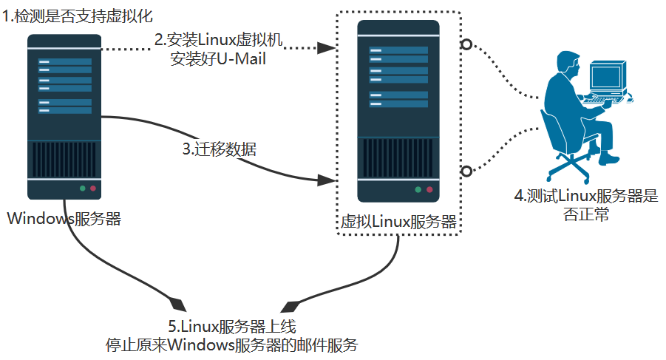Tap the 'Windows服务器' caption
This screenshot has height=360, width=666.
tap(64, 218)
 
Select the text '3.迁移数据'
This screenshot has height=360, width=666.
tap(220, 149)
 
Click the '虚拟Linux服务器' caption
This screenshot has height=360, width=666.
tap(397, 222)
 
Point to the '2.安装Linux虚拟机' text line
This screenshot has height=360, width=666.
tap(219, 39)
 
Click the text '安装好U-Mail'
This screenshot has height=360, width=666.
tap(218, 59)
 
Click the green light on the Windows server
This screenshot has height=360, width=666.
tap(83, 189)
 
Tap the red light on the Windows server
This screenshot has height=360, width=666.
tap(93, 189)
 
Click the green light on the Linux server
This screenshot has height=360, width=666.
tap(418, 190)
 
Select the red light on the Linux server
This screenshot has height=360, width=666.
tap(429, 190)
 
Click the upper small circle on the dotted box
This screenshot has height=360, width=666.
tap(466, 44)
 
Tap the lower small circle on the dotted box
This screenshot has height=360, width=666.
tap(466, 171)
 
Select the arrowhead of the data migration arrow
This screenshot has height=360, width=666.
tap(324, 180)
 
